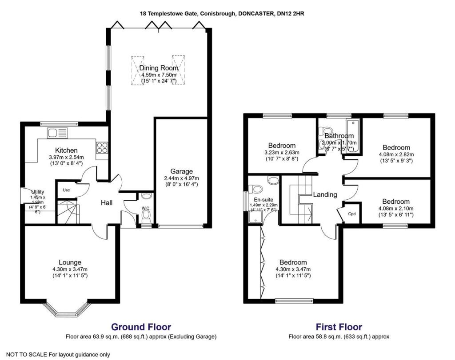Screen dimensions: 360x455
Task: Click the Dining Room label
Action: point(159,68)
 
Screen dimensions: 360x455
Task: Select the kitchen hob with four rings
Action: point(101,147)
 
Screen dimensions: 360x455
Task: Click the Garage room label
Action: point(181,171)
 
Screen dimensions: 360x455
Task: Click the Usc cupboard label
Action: point(66,190)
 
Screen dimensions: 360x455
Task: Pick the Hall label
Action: point(106,202)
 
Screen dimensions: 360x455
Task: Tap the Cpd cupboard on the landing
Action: point(352,214)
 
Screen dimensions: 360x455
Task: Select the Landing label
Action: point(325,194)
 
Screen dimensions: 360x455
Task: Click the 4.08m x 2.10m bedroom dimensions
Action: point(395,209)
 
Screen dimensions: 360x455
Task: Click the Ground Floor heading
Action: point(141,327)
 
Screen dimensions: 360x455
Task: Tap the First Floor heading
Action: point(339,327)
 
